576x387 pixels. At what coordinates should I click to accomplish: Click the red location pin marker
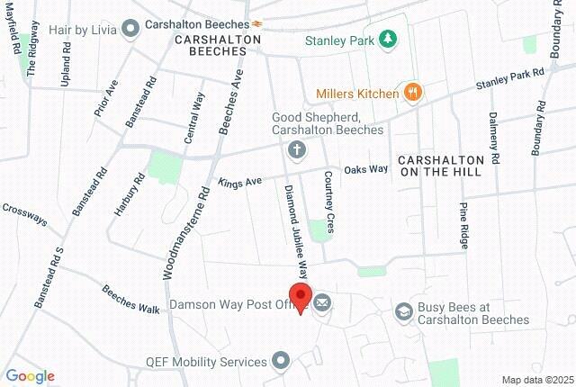pos(299,298)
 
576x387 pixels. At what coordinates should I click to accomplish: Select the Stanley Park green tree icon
pos(388,39)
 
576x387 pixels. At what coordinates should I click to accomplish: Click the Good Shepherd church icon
pos(295,149)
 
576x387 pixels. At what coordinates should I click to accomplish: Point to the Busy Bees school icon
pos(404,311)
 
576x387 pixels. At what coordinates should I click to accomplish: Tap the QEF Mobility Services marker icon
pos(282,362)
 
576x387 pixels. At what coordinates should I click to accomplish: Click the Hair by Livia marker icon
pos(130,28)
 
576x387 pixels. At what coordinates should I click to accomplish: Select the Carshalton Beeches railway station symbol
pos(256,22)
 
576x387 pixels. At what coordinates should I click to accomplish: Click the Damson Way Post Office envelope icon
pos(322,304)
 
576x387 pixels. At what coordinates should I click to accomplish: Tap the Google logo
pos(30,376)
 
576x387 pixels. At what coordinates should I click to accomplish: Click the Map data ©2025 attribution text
pos(536,379)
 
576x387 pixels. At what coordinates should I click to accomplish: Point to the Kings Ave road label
pos(238,182)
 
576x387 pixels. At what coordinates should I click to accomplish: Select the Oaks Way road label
pos(366,168)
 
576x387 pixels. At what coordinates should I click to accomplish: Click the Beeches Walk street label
pos(130,300)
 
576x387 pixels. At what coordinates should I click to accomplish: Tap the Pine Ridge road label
pos(463,225)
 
